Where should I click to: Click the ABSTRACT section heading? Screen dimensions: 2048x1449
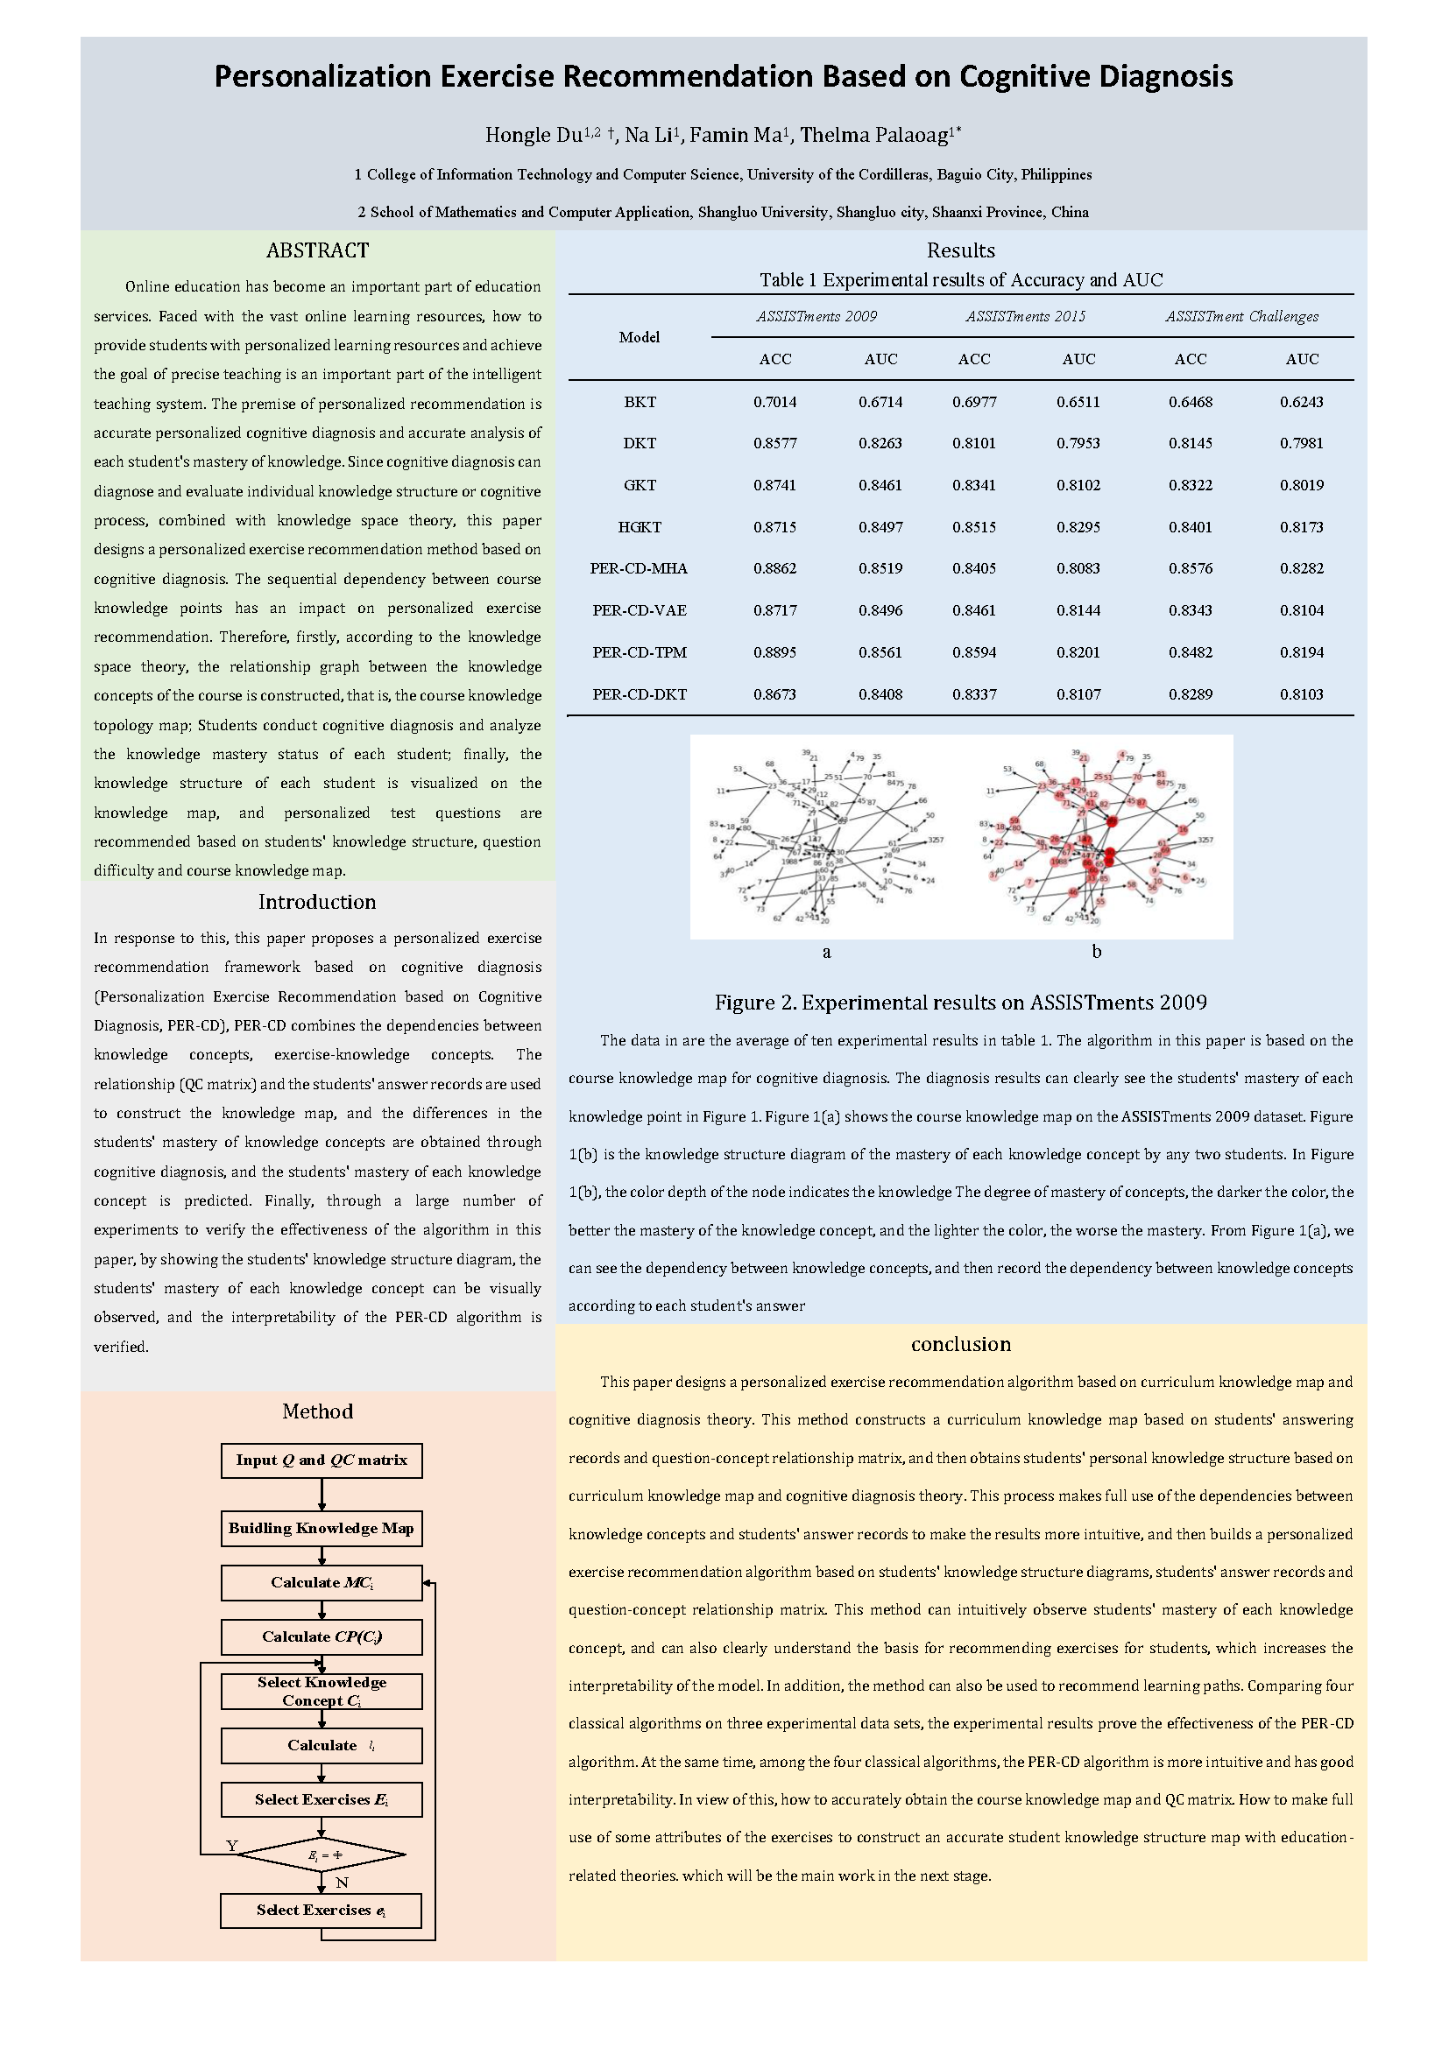(317, 250)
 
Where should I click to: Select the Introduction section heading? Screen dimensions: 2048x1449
(317, 902)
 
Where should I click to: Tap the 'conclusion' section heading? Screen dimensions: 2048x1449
(960, 1344)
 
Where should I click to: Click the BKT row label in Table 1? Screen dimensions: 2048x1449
(640, 402)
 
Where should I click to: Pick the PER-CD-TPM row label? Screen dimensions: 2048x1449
(640, 652)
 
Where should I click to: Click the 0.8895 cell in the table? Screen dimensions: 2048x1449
(774, 652)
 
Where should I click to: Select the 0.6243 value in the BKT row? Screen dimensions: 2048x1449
(1301, 402)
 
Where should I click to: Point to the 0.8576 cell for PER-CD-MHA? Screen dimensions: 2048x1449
(1191, 568)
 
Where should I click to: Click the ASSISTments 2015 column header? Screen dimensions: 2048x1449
(1025, 317)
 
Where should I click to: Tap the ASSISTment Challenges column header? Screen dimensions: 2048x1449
(1241, 317)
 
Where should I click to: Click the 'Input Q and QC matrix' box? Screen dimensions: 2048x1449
(322, 1460)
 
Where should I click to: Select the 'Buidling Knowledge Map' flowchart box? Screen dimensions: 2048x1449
(322, 1528)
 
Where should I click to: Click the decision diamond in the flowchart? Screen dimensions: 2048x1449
(322, 1855)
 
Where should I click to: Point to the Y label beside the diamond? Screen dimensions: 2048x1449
(232, 1846)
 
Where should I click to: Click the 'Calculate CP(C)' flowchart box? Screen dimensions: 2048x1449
(322, 1636)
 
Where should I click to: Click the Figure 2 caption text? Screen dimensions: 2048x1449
(960, 1003)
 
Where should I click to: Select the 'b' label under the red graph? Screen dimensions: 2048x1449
(1097, 952)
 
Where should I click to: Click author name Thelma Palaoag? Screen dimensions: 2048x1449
(873, 136)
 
